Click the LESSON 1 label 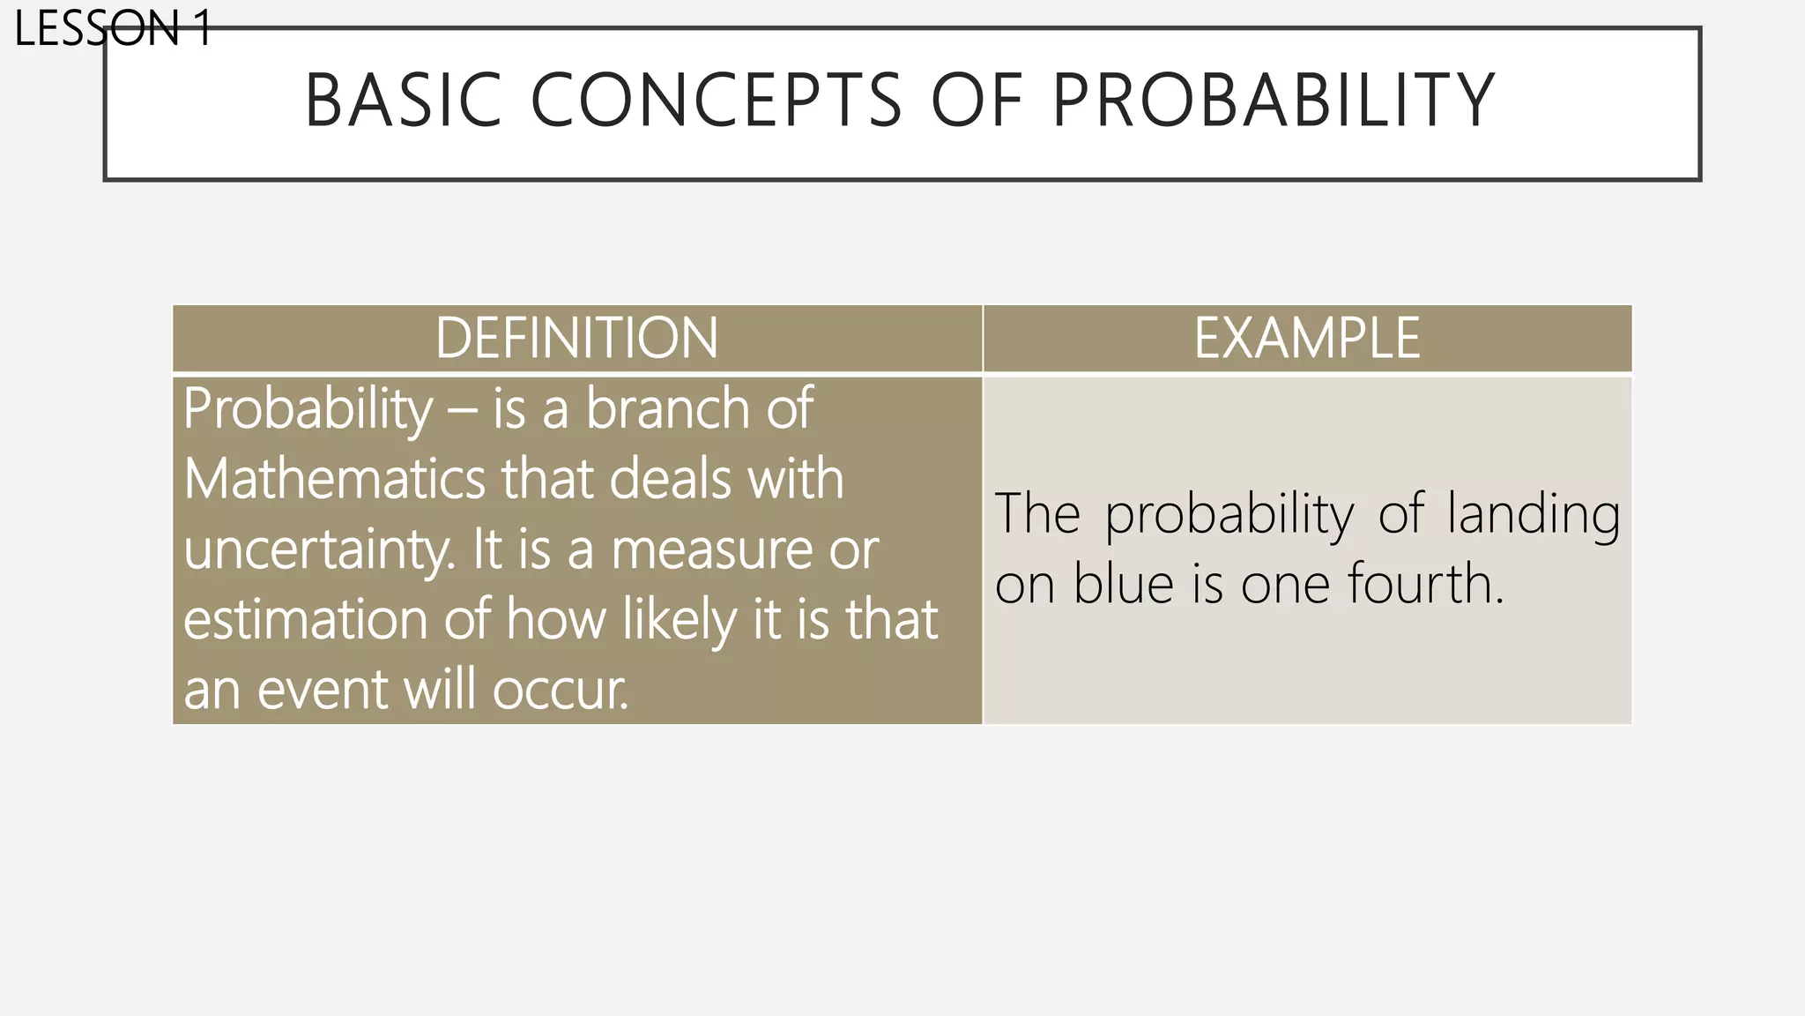(x=113, y=28)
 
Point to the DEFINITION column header (x=576, y=338)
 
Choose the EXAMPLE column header (x=1307, y=338)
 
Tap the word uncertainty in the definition (x=319, y=549)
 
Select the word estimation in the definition (x=305, y=619)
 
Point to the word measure (x=711, y=549)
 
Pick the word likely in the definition (x=679, y=619)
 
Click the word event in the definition (x=321, y=689)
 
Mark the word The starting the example (x=1036, y=514)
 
